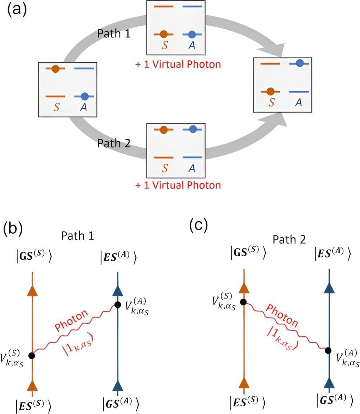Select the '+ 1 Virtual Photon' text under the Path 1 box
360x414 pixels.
[x=178, y=65]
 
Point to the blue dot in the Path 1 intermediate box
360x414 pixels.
[x=192, y=35]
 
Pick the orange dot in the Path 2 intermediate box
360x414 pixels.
[x=163, y=129]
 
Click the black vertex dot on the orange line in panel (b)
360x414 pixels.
[x=32, y=355]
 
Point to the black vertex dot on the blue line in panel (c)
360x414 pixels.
[x=328, y=350]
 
